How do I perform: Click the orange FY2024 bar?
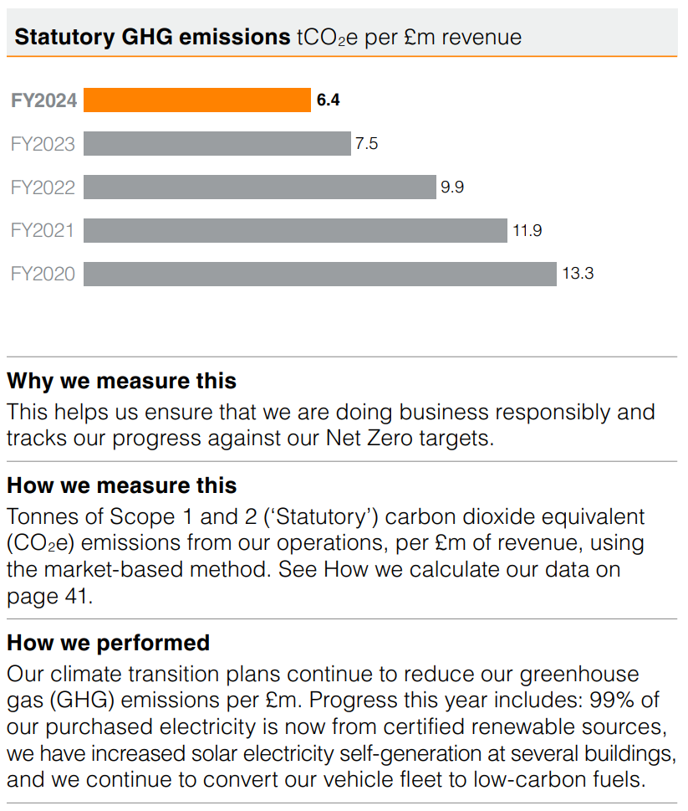[197, 100]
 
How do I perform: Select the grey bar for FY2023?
[217, 144]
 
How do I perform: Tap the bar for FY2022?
[260, 187]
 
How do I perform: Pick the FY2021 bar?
[295, 230]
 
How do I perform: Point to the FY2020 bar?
[320, 274]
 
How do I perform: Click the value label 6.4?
[329, 100]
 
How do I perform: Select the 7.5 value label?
[367, 144]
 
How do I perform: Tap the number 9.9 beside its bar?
[452, 187]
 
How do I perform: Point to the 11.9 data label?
[527, 230]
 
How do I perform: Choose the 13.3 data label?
[578, 274]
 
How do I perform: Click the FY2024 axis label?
[43, 100]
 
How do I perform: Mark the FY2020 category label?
[43, 274]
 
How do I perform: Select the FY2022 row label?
[43, 187]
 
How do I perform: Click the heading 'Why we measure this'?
[122, 382]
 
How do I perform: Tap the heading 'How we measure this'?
[122, 485]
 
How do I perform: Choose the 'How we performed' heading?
[109, 643]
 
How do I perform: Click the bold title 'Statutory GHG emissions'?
[152, 37]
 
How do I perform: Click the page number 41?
[80, 597]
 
